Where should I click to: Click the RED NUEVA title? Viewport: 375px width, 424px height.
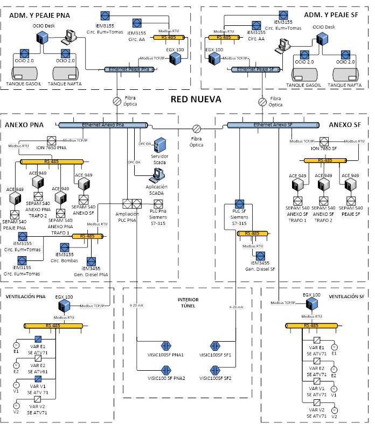(196, 99)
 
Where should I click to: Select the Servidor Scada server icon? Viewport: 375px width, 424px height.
(160, 145)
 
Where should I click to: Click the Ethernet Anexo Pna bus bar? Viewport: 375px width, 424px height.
(103, 125)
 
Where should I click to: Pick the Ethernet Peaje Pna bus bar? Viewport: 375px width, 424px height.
(131, 69)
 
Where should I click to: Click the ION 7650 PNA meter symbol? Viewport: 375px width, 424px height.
(52, 140)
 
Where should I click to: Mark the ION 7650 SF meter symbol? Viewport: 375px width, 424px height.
(324, 142)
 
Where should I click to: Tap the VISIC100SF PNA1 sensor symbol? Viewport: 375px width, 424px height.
(166, 345)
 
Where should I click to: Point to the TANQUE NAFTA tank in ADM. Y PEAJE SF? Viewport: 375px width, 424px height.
(345, 73)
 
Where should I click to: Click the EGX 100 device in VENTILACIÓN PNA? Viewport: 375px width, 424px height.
(64, 306)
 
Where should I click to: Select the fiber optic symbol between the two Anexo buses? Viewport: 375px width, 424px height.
(197, 129)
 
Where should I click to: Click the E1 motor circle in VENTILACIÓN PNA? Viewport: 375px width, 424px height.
(16, 344)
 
